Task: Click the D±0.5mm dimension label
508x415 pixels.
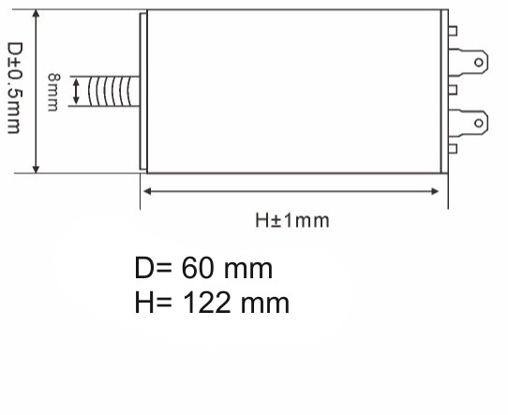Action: coord(15,88)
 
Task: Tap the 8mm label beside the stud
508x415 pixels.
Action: coord(53,92)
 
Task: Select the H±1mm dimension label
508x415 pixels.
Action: coord(292,220)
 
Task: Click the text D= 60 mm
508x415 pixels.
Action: coord(203,268)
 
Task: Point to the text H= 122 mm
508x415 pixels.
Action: coord(212,303)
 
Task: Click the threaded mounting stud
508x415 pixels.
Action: coord(114,91)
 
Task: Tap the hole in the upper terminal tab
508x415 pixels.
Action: coord(479,62)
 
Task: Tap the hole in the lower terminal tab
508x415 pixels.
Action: coord(479,123)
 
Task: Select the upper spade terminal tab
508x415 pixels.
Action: coord(468,62)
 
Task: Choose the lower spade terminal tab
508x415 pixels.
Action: coord(468,123)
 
